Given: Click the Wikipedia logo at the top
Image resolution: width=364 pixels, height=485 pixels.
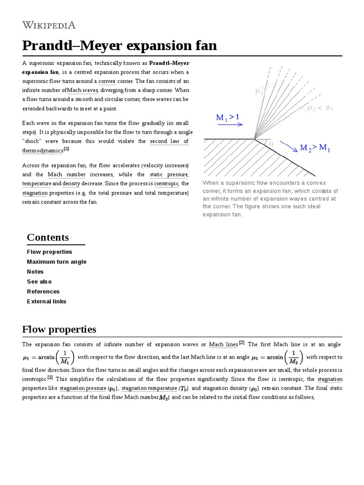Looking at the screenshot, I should tap(49, 25).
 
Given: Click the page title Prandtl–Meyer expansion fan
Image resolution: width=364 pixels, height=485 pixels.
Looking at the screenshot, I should tap(119, 45).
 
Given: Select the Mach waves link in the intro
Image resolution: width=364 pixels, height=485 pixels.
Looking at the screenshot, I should tap(82, 90).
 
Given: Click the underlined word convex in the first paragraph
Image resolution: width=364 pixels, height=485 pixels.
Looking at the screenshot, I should tap(107, 81).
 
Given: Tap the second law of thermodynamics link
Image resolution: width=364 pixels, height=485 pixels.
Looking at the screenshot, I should tap(169, 141).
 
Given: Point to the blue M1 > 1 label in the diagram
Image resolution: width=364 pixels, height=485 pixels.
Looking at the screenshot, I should tap(227, 117).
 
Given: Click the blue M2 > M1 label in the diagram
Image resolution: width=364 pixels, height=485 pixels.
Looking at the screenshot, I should tap(315, 148).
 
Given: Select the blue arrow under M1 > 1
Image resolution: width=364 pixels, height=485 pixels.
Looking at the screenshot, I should tap(230, 125).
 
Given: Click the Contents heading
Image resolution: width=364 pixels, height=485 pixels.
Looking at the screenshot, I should tap(48, 237).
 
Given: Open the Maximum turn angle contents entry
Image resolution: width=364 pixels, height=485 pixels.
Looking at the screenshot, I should tap(57, 262).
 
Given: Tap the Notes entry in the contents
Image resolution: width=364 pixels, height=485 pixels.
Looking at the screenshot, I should tap(35, 272).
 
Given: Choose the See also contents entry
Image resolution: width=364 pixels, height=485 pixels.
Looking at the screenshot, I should tap(39, 282).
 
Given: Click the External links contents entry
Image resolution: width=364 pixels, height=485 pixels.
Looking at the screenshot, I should tap(46, 302).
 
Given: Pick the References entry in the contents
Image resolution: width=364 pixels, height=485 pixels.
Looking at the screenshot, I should tap(43, 292).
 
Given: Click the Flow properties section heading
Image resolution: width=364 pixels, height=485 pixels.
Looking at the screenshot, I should tap(59, 329).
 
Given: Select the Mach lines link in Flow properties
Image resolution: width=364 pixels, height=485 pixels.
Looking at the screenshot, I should tap(223, 344).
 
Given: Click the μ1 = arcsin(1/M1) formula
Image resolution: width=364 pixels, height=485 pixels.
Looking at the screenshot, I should tap(48, 357).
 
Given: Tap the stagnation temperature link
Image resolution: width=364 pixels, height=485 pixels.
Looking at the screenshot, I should tap(149, 389).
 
